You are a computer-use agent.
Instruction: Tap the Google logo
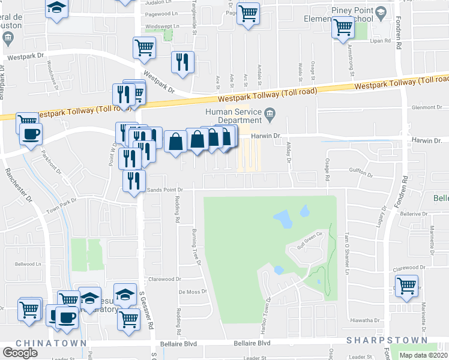pyautogui.click(x=20, y=353)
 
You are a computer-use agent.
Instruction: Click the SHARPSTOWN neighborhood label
pyautogui.click(x=377, y=340)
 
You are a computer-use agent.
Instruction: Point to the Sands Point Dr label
pyautogui.click(x=164, y=190)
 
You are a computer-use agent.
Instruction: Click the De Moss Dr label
pyautogui.click(x=193, y=292)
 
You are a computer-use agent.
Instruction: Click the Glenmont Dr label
pyautogui.click(x=427, y=107)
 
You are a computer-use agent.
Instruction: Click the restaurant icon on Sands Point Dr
pyautogui.click(x=133, y=179)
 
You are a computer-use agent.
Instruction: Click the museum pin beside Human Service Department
pyautogui.click(x=270, y=112)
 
